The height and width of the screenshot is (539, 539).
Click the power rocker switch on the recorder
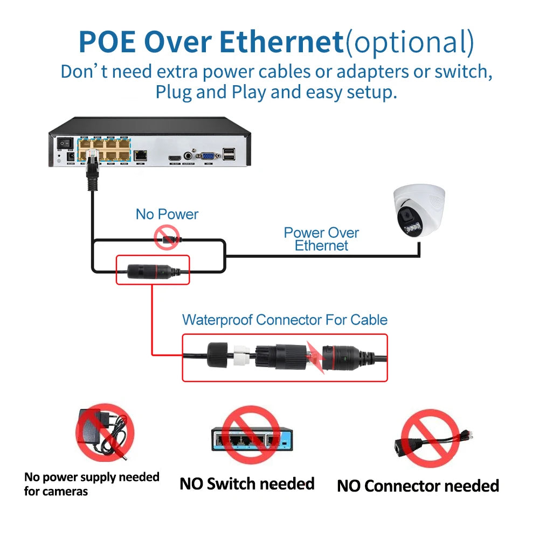click(65, 143)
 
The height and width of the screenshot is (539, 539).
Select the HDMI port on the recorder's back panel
click(174, 156)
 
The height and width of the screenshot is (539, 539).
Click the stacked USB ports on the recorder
click(229, 154)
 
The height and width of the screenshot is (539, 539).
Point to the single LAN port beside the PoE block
click(141, 155)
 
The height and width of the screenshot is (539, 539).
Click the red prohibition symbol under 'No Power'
click(167, 238)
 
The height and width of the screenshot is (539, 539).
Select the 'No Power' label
click(167, 214)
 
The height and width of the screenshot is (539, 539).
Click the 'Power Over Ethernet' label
click(321, 239)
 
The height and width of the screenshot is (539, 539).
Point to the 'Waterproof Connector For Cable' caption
click(285, 320)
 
